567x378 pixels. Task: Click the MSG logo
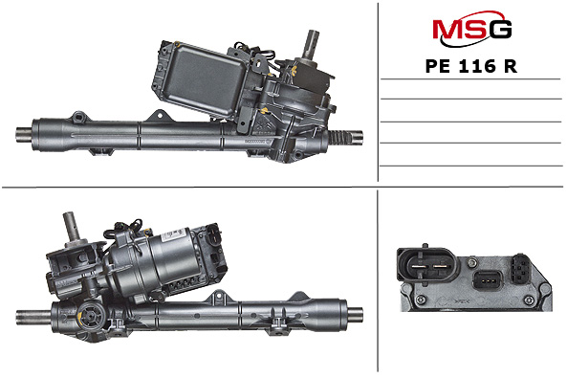(x=471, y=29)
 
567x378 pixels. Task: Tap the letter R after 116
(x=511, y=66)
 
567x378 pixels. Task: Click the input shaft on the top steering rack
(x=312, y=44)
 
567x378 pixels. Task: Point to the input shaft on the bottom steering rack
(x=72, y=227)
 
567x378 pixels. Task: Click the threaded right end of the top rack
(x=345, y=137)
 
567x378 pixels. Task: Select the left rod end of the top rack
(x=24, y=135)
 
